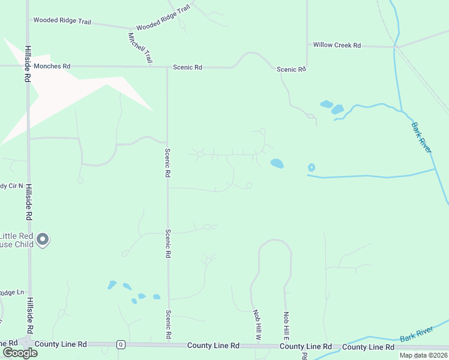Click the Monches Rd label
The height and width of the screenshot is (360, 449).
pyautogui.click(x=52, y=66)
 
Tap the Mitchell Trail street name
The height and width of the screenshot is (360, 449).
pyautogui.click(x=139, y=48)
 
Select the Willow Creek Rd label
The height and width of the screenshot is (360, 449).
pyautogui.click(x=337, y=45)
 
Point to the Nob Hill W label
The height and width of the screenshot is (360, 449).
pyautogui.click(x=257, y=325)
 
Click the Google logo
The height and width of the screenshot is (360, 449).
pyautogui.click(x=19, y=352)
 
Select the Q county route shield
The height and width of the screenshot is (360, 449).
pyautogui.click(x=121, y=344)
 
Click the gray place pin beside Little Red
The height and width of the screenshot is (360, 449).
pyautogui.click(x=42, y=240)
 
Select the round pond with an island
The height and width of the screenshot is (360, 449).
pyautogui.click(x=311, y=167)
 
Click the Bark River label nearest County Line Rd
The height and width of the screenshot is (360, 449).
pyautogui.click(x=416, y=337)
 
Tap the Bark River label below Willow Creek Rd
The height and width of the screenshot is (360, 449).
pyautogui.click(x=421, y=137)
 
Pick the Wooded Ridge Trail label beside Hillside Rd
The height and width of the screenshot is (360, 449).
pyautogui.click(x=62, y=20)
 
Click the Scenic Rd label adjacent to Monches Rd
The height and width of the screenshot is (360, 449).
pyautogui.click(x=187, y=67)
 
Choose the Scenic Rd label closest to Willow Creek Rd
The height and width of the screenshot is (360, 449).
pyautogui.click(x=291, y=70)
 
